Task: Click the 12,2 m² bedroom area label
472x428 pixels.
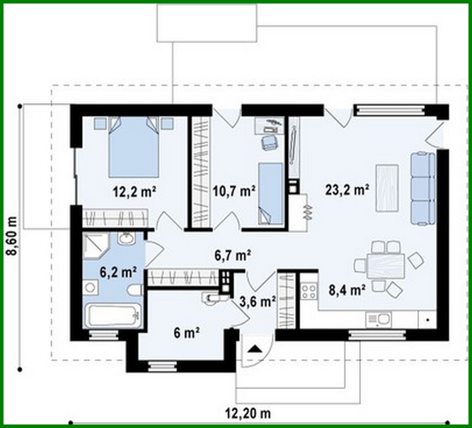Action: (134, 191)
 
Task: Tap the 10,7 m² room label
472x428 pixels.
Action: (234, 191)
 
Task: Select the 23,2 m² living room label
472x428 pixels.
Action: (347, 190)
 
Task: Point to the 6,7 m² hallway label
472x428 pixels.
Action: (233, 255)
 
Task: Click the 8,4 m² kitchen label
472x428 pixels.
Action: (347, 290)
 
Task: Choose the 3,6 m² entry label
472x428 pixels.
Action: (258, 301)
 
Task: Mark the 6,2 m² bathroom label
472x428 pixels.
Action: (118, 272)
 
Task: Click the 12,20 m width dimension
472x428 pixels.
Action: (248, 413)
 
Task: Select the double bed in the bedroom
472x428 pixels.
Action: (134, 147)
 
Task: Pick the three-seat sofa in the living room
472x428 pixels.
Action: (423, 189)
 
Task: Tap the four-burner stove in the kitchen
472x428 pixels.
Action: (309, 291)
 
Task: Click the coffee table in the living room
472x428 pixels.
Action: (387, 188)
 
